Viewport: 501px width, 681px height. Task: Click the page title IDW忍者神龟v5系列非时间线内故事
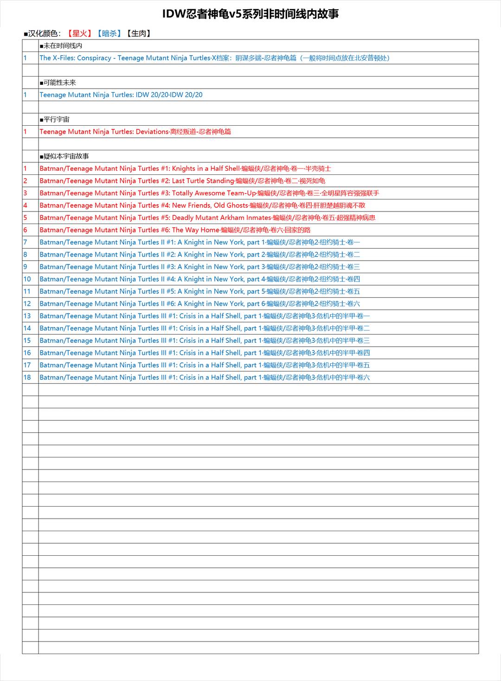(250, 14)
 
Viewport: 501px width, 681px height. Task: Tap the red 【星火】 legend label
(79, 33)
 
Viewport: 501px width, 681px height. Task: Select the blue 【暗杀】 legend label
(109, 33)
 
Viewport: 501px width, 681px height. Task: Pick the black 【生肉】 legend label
(139, 33)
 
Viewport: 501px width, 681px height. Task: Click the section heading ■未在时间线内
(61, 45)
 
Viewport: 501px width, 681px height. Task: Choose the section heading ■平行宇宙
(54, 119)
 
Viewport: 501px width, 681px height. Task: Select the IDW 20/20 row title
(121, 95)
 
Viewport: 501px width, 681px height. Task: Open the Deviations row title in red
(135, 132)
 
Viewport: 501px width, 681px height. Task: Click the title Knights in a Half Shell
(185, 168)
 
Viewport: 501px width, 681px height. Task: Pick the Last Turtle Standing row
(182, 181)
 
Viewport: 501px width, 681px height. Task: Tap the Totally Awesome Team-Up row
(209, 193)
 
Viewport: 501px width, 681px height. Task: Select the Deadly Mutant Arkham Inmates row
(207, 218)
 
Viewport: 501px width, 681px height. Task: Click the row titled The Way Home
(175, 230)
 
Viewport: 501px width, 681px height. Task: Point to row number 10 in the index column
(27, 279)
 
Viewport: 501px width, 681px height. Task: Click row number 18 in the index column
(27, 378)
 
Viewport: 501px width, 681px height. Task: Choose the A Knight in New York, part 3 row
(199, 267)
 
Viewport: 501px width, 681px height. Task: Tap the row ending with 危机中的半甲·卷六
(205, 378)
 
